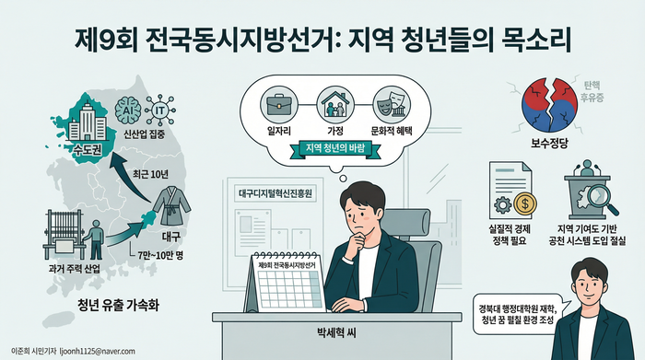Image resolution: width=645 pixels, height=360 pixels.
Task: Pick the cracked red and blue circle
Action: click(x=550, y=110)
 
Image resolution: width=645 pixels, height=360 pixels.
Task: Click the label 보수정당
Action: click(x=550, y=145)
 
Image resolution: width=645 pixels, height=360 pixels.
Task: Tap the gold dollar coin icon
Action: click(x=521, y=203)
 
